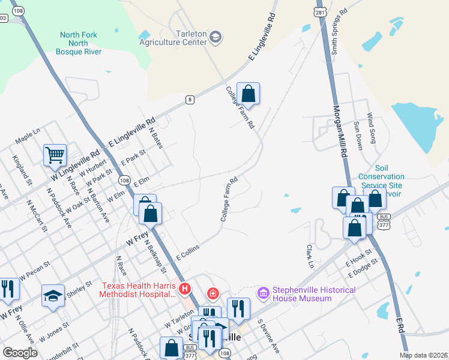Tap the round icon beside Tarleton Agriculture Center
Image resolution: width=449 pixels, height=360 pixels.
coord(215,38)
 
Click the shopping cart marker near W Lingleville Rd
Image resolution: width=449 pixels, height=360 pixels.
coord(55,155)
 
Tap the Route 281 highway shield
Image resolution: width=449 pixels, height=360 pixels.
coord(321,12)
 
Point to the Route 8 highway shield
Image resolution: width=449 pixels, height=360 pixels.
coord(190,100)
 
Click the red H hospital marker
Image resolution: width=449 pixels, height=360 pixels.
coord(185,289)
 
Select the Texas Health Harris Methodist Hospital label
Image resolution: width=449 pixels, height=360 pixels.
coord(139,289)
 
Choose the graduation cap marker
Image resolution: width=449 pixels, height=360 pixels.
coord(53,295)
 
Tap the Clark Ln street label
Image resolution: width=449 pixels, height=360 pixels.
coord(310,256)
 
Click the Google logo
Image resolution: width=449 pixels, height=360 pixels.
coord(20,352)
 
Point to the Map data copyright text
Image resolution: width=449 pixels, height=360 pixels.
coord(423,355)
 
